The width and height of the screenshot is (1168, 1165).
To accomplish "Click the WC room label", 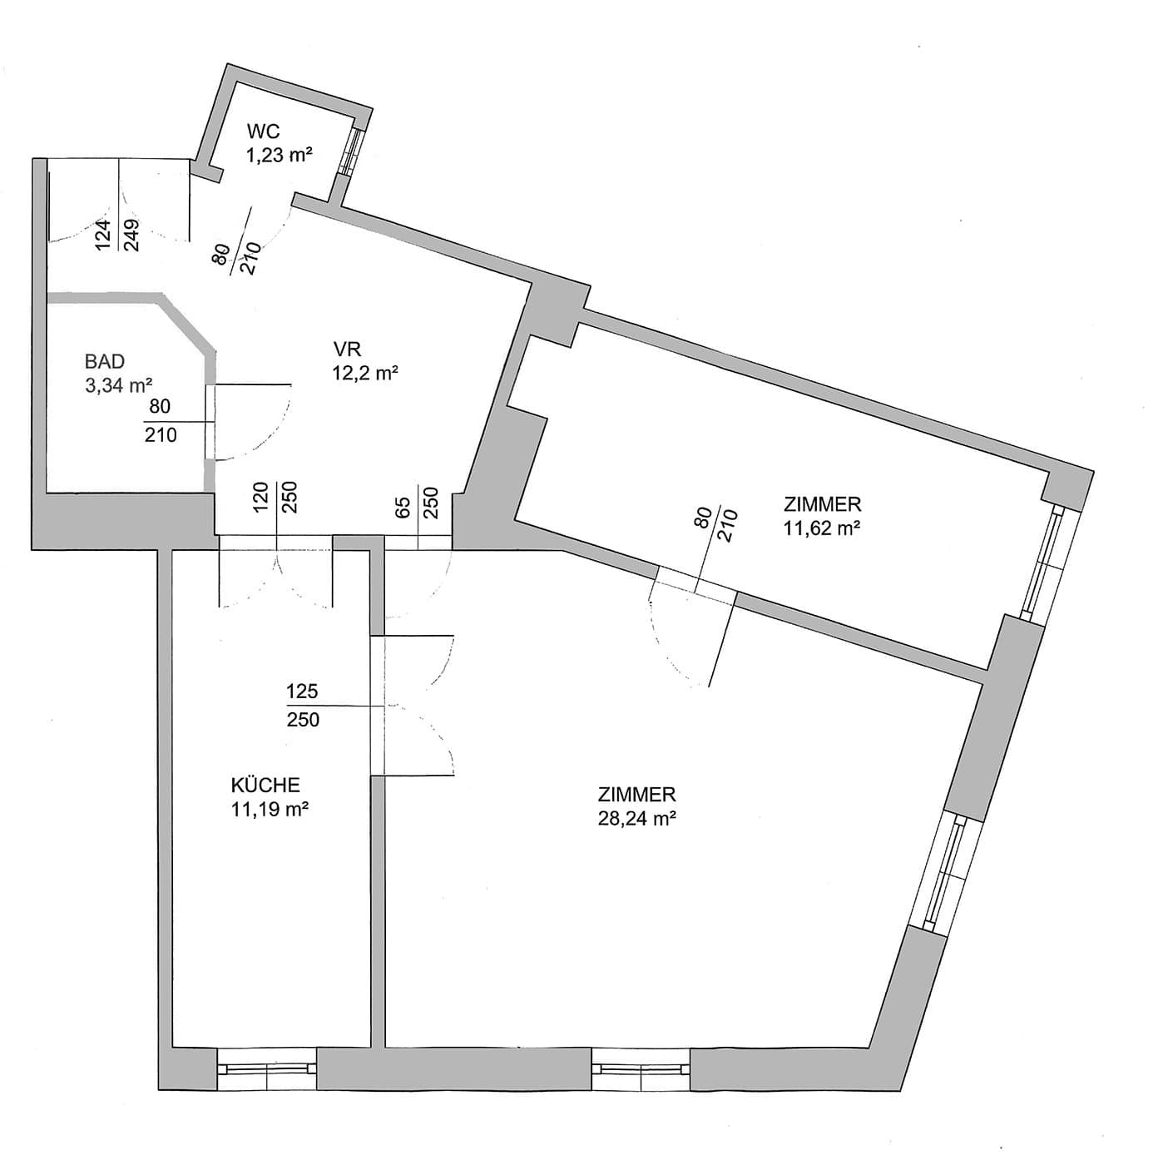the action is click(264, 131).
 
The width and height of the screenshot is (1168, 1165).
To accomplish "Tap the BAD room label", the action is click(105, 361).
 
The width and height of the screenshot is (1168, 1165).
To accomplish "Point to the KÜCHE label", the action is click(265, 786).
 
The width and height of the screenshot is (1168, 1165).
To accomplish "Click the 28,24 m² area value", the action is click(637, 820).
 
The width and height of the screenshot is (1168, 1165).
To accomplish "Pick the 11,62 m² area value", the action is click(822, 528).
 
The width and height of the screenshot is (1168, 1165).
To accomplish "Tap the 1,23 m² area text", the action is click(279, 156).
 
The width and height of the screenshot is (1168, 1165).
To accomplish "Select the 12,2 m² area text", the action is click(364, 373).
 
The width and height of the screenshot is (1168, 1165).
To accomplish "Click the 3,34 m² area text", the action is click(118, 386).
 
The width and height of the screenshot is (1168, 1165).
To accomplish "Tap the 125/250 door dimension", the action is click(303, 706).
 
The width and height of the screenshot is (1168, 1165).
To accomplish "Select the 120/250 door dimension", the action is click(276, 498).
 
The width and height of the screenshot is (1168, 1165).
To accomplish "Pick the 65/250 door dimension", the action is click(418, 502).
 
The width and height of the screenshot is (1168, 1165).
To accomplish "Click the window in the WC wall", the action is click(352, 151).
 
